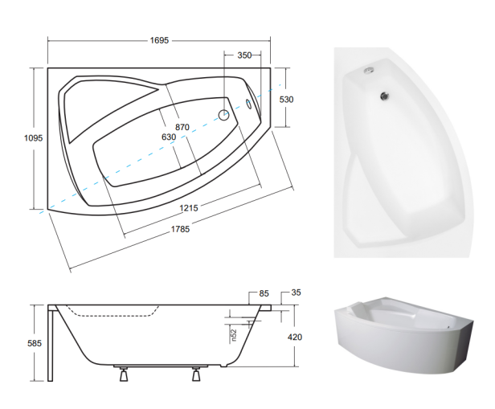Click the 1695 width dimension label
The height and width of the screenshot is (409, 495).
coord(159,40)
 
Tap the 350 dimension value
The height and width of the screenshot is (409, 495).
coord(244,55)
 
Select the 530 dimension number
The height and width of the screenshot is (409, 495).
coord(286,100)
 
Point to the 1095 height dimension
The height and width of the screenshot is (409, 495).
coord(34,138)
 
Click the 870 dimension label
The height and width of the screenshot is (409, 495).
coord(182,127)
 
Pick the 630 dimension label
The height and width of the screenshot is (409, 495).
coord(169,137)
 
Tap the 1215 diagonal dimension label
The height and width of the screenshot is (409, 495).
coord(189,208)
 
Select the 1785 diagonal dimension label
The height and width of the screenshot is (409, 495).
coord(180,229)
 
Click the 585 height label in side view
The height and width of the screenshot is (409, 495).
coord(35,343)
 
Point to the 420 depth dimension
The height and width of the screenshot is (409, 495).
coord(295,337)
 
